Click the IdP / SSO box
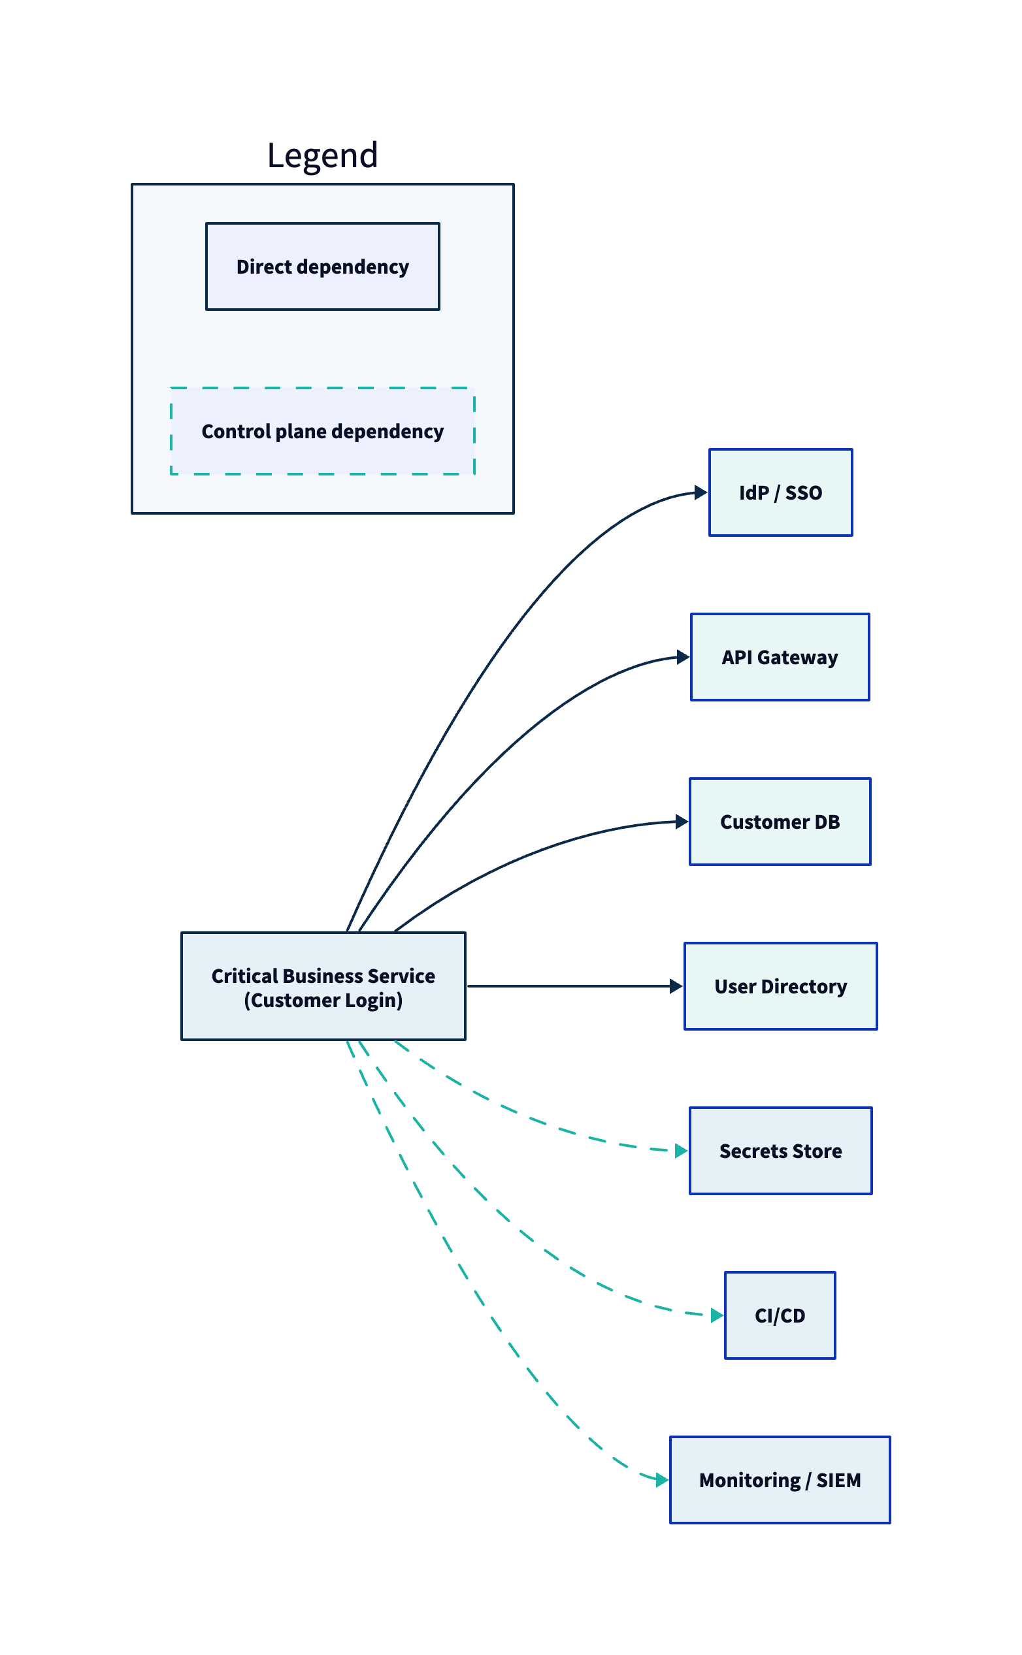[x=780, y=492]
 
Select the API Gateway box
[x=780, y=656]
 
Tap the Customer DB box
[x=780, y=822]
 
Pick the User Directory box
[x=780, y=986]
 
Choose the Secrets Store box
[x=780, y=1150]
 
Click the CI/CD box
[x=780, y=1315]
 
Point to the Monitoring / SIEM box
[x=780, y=1479]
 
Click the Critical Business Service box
[x=323, y=986]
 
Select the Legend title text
[x=322, y=155]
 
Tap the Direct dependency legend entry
[x=322, y=266]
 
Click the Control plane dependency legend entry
[x=322, y=431]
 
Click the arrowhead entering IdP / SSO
[x=701, y=492]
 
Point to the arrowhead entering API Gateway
[x=683, y=656]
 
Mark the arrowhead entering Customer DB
[x=682, y=822]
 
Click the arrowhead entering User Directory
[x=676, y=986]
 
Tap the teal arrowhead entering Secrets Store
[x=682, y=1150]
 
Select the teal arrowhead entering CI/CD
[x=716, y=1315]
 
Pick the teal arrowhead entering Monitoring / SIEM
[x=662, y=1479]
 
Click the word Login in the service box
[x=372, y=1000]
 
